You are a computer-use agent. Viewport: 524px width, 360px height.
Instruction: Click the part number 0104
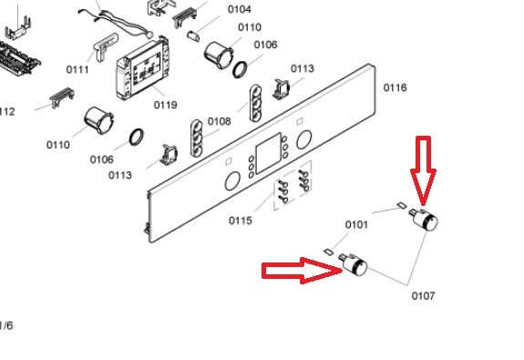point(240,9)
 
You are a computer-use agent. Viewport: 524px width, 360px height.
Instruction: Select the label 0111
point(77,69)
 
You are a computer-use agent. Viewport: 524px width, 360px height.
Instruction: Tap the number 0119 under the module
point(166,105)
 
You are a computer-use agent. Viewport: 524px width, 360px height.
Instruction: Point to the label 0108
point(220,121)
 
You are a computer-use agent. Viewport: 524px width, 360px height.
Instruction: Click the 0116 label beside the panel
point(395,87)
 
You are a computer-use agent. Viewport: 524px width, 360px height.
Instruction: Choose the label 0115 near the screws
point(241,221)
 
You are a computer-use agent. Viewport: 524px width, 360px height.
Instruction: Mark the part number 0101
point(356,224)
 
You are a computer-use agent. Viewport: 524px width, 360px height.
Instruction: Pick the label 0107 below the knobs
point(423,296)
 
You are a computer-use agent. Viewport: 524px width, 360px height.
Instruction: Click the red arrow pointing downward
point(423,170)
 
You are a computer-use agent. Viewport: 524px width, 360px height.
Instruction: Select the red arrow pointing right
point(303,271)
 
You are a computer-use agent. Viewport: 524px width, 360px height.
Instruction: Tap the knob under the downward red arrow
point(424,220)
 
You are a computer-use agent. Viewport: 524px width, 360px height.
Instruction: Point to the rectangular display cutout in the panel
point(268,153)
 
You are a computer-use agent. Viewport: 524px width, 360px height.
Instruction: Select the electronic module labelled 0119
point(142,69)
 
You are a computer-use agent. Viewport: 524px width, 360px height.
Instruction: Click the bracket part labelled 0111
point(105,46)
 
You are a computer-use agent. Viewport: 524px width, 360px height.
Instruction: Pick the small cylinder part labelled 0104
point(193,36)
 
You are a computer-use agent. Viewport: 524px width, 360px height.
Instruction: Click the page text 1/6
point(6,325)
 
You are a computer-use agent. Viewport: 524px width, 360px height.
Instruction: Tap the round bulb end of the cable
point(149,34)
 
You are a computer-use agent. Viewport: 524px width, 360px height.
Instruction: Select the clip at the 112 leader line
point(62,98)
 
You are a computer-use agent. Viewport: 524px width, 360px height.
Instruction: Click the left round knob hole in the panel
point(232,180)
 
